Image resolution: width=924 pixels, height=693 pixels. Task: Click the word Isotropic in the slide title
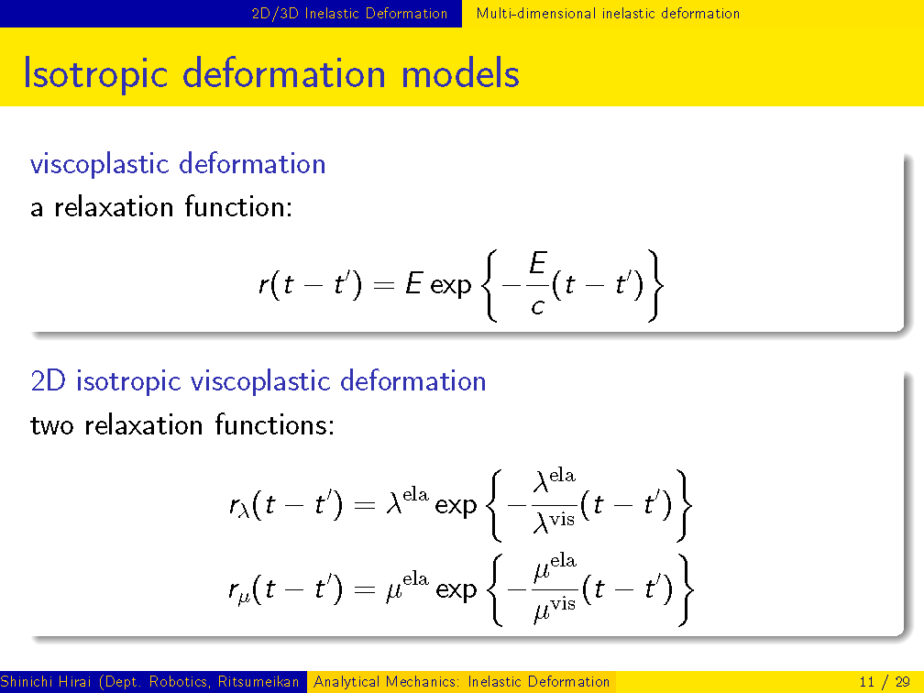(x=95, y=75)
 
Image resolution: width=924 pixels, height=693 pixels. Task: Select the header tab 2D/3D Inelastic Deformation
(x=349, y=14)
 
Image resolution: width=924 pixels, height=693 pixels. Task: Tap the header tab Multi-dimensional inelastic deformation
(x=608, y=14)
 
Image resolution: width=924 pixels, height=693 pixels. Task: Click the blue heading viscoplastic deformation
(x=178, y=164)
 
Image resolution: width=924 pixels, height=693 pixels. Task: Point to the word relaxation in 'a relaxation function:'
(x=113, y=207)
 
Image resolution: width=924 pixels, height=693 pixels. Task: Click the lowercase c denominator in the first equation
(x=537, y=307)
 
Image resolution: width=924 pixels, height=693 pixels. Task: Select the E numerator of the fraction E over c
(x=538, y=263)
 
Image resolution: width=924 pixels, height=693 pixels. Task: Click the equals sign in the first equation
(x=383, y=286)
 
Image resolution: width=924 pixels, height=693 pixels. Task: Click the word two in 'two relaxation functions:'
(x=52, y=425)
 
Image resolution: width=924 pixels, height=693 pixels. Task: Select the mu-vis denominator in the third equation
(x=555, y=609)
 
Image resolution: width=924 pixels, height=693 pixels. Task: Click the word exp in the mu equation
(x=456, y=590)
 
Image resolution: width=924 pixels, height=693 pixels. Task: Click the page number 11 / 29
(x=885, y=682)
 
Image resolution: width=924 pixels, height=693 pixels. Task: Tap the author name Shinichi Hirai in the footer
(x=46, y=682)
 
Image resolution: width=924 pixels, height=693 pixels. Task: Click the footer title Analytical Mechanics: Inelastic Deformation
(x=461, y=682)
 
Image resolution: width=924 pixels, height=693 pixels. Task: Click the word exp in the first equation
(x=451, y=286)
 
